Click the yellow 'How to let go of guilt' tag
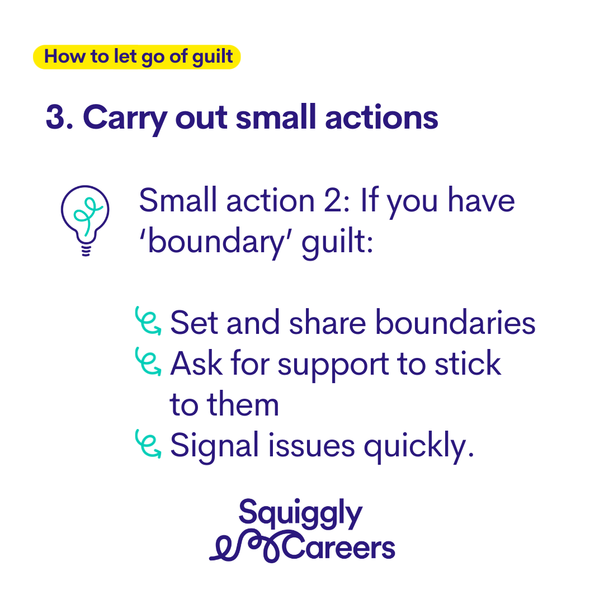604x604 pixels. (x=137, y=57)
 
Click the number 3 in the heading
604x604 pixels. (x=55, y=117)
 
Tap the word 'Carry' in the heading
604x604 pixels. (x=125, y=119)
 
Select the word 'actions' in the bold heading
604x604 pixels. (x=381, y=117)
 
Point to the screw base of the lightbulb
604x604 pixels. (x=86, y=249)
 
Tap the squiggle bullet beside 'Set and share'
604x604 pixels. (x=148, y=320)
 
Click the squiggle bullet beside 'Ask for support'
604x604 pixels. (x=148, y=361)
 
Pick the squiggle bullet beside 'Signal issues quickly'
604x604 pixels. (x=148, y=443)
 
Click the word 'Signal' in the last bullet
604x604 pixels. (x=214, y=446)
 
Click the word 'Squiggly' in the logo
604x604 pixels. (x=300, y=515)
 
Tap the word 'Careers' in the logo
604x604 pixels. (x=339, y=547)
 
